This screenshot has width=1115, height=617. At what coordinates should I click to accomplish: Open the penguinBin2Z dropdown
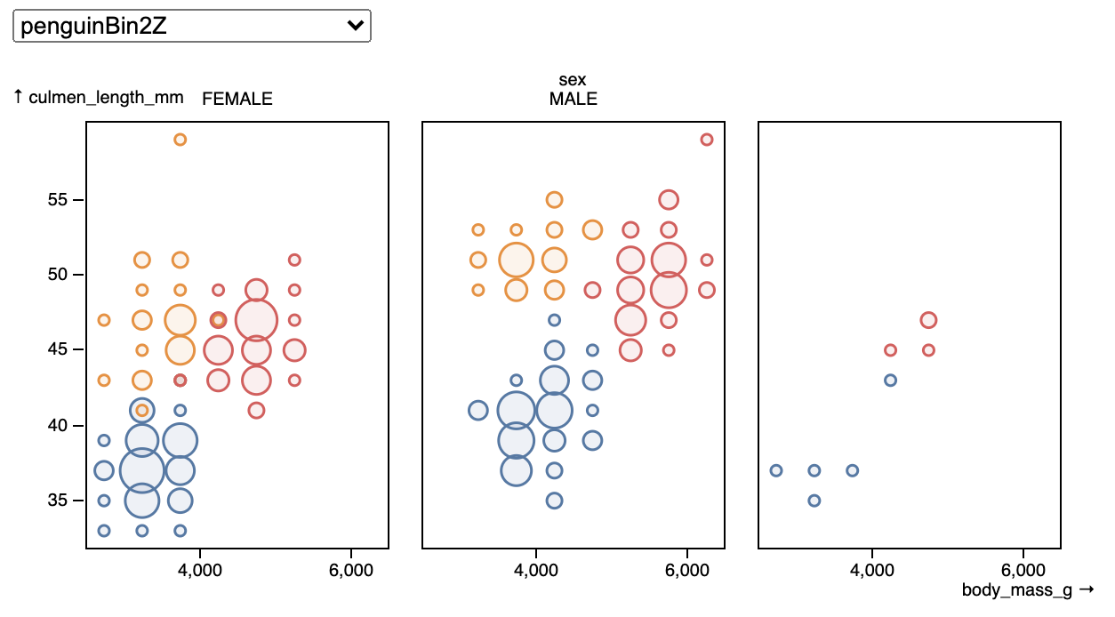[x=192, y=26]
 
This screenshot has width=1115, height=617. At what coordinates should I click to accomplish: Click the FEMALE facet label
[x=237, y=99]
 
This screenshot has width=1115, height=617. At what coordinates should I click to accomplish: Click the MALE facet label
[x=573, y=99]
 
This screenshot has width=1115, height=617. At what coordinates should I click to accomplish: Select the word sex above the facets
[x=573, y=80]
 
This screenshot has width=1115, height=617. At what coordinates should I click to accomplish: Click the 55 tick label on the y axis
[x=57, y=199]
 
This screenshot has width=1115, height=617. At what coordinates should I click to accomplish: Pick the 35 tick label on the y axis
[x=57, y=500]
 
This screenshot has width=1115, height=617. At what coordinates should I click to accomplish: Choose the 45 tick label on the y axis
[x=57, y=349]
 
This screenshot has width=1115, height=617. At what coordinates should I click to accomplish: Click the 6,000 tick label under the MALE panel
[x=687, y=570]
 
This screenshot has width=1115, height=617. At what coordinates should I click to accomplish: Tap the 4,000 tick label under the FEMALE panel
[x=199, y=570]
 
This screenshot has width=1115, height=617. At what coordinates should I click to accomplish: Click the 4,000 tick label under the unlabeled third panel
[x=872, y=570]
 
